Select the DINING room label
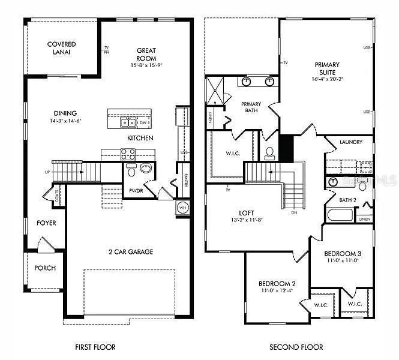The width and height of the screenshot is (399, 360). (65, 113)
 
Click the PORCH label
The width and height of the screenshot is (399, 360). (45, 268)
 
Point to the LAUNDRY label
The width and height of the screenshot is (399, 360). (350, 142)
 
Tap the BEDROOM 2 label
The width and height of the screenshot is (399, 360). (277, 283)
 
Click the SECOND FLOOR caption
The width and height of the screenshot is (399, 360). (296, 347)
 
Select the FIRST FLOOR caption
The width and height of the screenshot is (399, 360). (95, 347)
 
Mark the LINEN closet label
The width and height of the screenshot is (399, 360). (364, 220)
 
